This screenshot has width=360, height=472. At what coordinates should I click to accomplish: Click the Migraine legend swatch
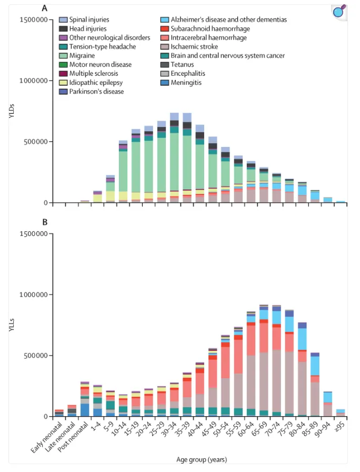(x=63, y=56)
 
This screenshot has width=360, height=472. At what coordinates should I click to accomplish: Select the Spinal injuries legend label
(x=89, y=19)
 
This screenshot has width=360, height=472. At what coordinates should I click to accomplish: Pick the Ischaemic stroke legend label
(x=194, y=47)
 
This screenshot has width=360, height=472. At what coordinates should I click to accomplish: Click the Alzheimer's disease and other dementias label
(x=229, y=19)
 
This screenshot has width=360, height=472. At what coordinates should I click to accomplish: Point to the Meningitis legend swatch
(x=165, y=83)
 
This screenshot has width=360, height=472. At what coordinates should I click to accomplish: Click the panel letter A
(x=45, y=8)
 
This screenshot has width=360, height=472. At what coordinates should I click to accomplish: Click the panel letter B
(x=45, y=222)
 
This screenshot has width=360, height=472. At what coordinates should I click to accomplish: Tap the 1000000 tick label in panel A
(x=33, y=81)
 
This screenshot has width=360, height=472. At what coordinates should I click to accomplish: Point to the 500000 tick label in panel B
(x=36, y=356)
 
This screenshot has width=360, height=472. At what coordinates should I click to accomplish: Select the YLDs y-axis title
(x=12, y=111)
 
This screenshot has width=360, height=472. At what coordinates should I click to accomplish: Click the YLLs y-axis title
(x=12, y=325)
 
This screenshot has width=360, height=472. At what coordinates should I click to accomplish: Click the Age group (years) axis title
(x=202, y=460)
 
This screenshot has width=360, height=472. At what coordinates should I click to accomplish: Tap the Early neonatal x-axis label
(x=47, y=437)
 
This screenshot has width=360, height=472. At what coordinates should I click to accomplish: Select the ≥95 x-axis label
(x=341, y=427)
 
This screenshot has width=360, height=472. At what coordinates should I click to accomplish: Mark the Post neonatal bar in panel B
(x=85, y=399)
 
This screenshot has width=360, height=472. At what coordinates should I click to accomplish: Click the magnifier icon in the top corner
(x=339, y=12)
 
